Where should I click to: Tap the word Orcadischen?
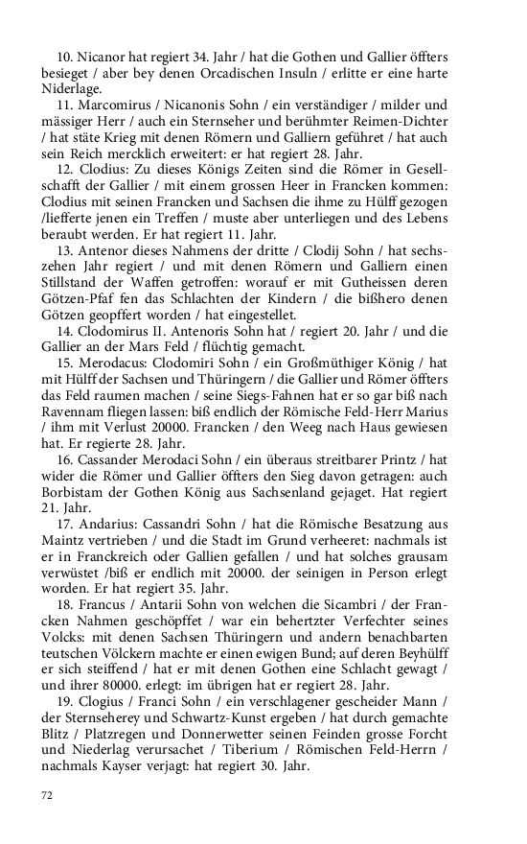280,72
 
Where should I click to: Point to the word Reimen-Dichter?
400,119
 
